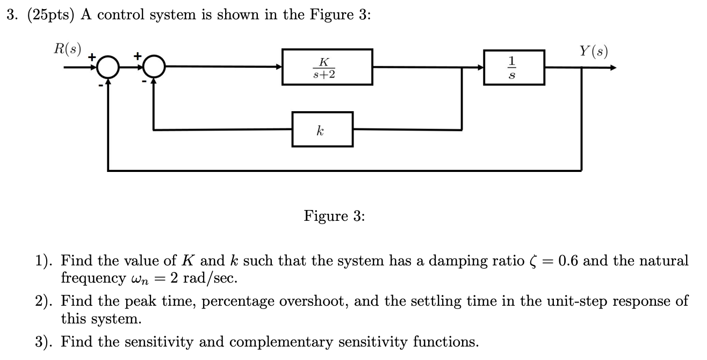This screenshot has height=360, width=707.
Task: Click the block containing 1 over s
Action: [514, 67]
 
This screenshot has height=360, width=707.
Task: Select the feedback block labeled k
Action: [322, 129]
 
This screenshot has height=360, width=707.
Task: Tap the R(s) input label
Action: [68, 49]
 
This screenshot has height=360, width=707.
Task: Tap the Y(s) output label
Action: [593, 52]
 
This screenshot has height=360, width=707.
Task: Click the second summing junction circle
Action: [154, 68]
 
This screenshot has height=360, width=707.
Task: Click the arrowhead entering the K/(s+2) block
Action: [279, 68]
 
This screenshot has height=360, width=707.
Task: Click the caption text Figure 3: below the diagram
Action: [334, 216]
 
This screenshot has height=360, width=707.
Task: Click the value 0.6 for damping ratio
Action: [568, 261]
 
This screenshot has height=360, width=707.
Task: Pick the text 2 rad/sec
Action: [206, 278]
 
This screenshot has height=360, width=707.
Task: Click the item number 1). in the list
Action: [45, 262]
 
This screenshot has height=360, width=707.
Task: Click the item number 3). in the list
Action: [45, 342]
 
